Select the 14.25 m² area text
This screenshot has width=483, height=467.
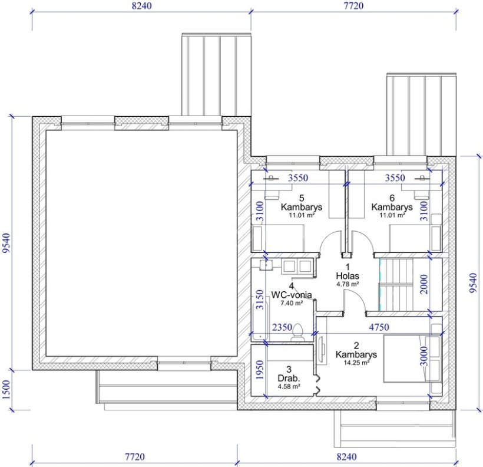pyautogui.click(x=356, y=363)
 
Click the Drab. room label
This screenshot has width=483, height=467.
pyautogui.click(x=289, y=378)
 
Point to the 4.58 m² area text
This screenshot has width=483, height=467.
pyautogui.click(x=289, y=386)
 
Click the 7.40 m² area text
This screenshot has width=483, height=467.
pyautogui.click(x=292, y=303)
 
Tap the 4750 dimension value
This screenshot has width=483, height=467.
pyautogui.click(x=379, y=327)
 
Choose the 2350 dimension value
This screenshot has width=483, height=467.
pyautogui.click(x=282, y=327)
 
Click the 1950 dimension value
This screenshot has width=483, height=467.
pyautogui.click(x=260, y=370)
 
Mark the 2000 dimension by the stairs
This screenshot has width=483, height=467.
pyautogui.click(x=424, y=284)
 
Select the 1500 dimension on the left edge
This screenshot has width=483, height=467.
pyautogui.click(x=7, y=390)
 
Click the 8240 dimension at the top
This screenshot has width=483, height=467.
pyautogui.click(x=142, y=5)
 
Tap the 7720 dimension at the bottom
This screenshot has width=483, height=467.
pyautogui.click(x=135, y=456)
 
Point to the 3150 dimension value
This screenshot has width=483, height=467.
pyautogui.click(x=260, y=300)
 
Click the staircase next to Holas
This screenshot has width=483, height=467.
pyautogui.click(x=396, y=284)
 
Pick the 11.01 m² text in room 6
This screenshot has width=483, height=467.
pyautogui.click(x=392, y=215)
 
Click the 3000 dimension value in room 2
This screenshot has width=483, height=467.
pyautogui.click(x=424, y=356)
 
